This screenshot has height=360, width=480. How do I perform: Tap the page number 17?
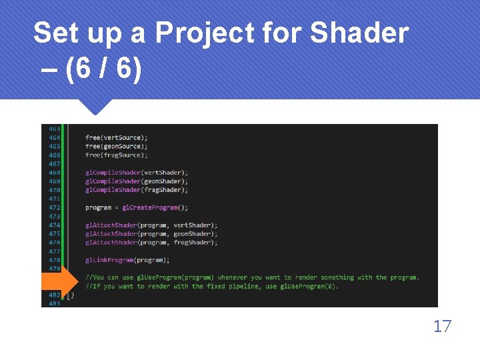442,326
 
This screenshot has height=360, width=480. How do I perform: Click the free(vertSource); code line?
117,137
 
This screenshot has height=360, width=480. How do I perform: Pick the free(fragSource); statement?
117,155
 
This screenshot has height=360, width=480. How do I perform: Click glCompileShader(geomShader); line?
137,181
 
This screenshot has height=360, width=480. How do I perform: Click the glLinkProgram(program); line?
127,260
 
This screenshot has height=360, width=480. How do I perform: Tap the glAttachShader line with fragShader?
151,243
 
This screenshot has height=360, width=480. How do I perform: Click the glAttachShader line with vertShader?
151,225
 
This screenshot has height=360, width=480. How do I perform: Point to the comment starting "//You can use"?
252,277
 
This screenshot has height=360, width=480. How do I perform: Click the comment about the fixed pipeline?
211,287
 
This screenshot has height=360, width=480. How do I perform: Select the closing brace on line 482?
73,295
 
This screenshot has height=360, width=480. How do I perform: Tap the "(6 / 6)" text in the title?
103,71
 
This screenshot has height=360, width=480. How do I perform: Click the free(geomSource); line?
117,146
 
